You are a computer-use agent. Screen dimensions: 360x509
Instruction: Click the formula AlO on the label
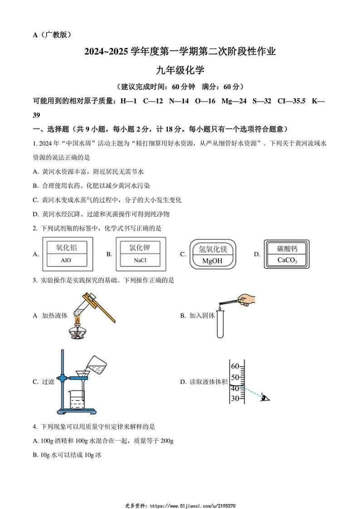tap(66, 260)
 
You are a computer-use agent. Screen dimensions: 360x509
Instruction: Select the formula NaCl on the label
tap(140, 260)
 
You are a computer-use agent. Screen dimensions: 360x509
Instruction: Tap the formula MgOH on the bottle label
tap(212, 261)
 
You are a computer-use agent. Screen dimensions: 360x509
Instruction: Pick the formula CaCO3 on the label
tap(287, 260)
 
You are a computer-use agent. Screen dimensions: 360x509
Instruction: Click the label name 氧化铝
tap(66, 247)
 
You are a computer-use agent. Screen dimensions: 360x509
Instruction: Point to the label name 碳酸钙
tap(287, 249)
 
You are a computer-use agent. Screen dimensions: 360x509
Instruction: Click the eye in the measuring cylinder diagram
tap(265, 398)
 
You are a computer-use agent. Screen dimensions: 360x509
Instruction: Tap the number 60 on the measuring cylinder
tap(235, 366)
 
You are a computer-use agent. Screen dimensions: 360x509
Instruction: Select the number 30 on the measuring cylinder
tap(235, 398)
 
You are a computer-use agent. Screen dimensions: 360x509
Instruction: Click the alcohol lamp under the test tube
tap(77, 330)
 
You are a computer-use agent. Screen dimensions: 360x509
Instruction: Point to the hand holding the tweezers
tap(246, 300)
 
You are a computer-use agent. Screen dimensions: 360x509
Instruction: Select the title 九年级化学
tap(180, 70)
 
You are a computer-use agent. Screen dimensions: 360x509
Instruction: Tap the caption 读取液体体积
tap(209, 382)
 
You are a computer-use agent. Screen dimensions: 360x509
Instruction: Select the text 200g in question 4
tap(167, 441)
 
